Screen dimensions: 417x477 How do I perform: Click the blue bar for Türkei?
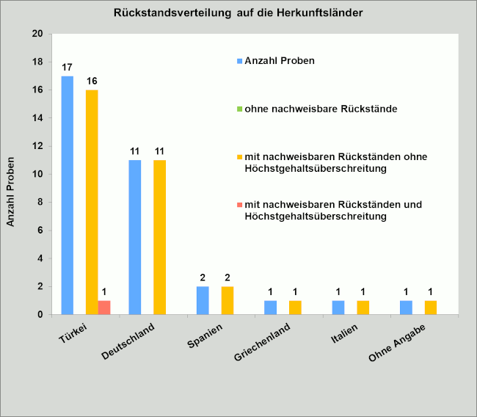point(68,195)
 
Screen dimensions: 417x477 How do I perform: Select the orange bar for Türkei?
point(92,202)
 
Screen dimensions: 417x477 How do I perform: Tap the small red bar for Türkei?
point(104,308)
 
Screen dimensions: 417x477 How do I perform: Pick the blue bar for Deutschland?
point(135,237)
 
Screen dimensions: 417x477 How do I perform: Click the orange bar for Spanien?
point(227,300)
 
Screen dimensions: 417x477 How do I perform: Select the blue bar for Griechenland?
point(271,308)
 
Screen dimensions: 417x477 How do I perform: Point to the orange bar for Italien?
point(363,308)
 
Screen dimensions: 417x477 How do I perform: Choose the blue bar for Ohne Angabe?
point(406,308)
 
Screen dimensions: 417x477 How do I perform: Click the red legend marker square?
point(240,204)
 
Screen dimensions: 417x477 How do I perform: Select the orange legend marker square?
point(240,156)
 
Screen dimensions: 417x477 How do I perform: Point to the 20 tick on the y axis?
point(37,34)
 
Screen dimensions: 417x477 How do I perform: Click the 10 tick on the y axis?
point(37,174)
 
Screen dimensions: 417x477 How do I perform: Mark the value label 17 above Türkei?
point(67,67)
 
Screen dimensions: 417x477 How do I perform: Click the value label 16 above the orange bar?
point(92,81)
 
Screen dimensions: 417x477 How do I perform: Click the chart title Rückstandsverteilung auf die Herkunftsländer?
point(238,13)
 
